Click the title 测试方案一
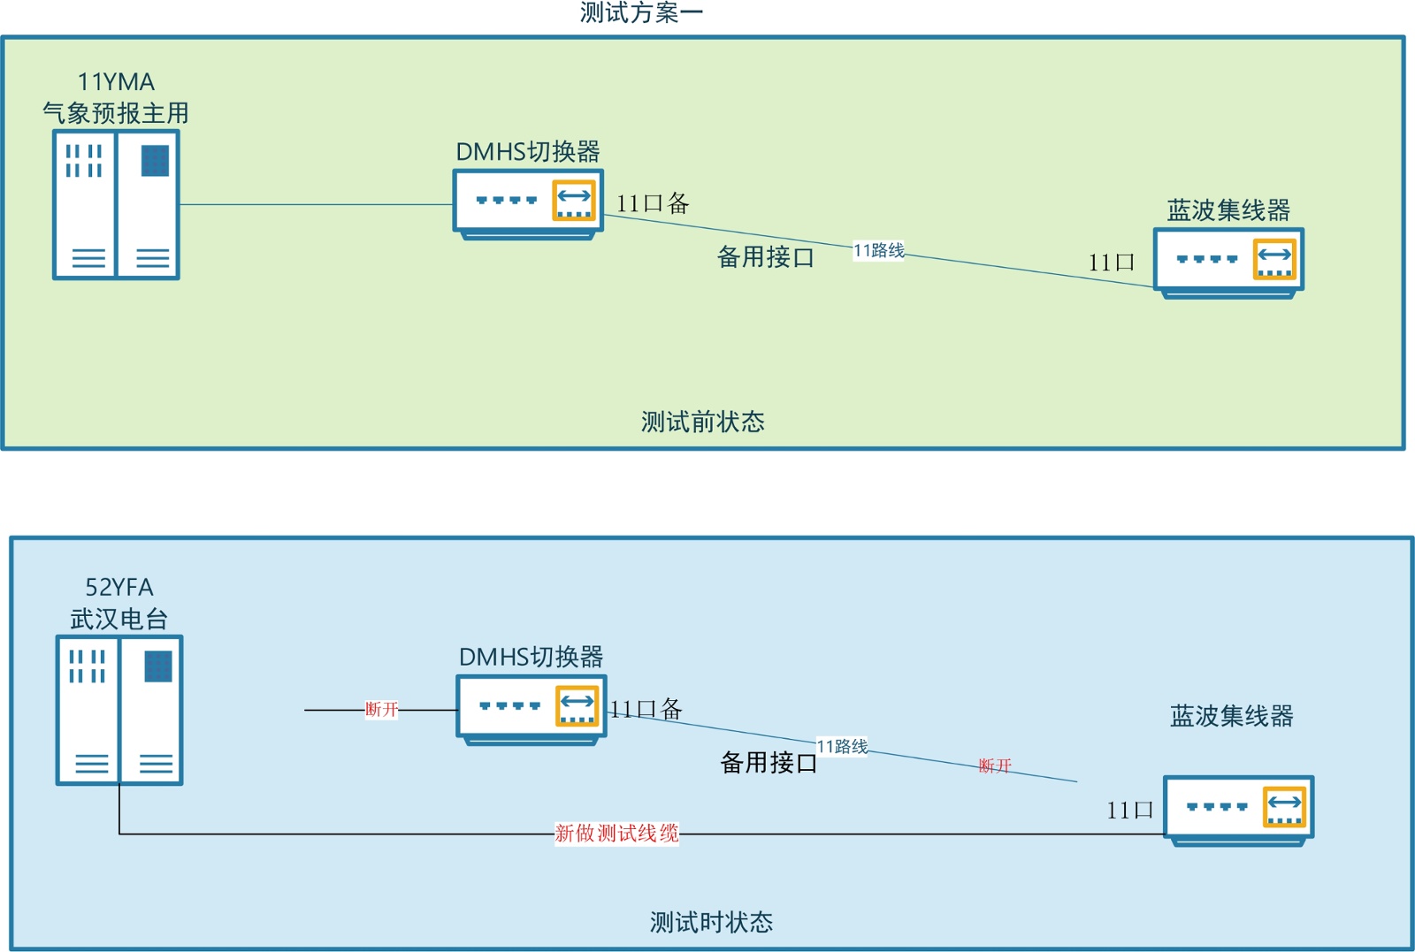[x=641, y=12]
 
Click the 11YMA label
[x=116, y=82]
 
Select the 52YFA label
[x=119, y=587]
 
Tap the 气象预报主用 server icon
[x=116, y=205]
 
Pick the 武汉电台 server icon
[x=119, y=710]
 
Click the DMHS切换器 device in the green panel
[x=528, y=204]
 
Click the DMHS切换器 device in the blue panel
[x=531, y=710]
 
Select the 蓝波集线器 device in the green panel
[x=1228, y=263]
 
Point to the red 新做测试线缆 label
[x=616, y=834]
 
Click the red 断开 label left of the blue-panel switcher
[x=382, y=710]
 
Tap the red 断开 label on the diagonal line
[x=995, y=765]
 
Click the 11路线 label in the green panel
[x=878, y=251]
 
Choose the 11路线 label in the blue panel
[x=842, y=747]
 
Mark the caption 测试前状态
[x=702, y=422]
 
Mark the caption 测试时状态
[x=711, y=922]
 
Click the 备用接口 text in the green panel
[x=765, y=257]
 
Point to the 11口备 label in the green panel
[x=653, y=204]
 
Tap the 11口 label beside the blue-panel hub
[x=1129, y=811]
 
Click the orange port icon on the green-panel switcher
[x=574, y=201]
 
